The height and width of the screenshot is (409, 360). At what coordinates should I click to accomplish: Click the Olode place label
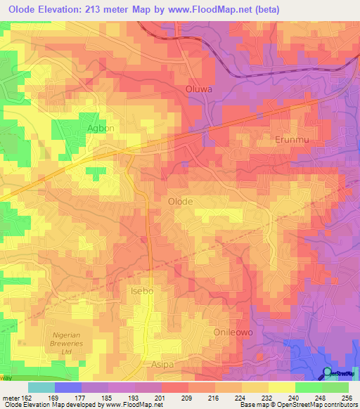point(180,201)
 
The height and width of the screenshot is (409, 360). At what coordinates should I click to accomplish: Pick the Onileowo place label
point(232,330)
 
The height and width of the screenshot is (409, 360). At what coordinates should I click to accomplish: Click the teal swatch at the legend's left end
point(41,387)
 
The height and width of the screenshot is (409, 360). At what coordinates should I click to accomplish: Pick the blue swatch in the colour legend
point(67,387)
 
